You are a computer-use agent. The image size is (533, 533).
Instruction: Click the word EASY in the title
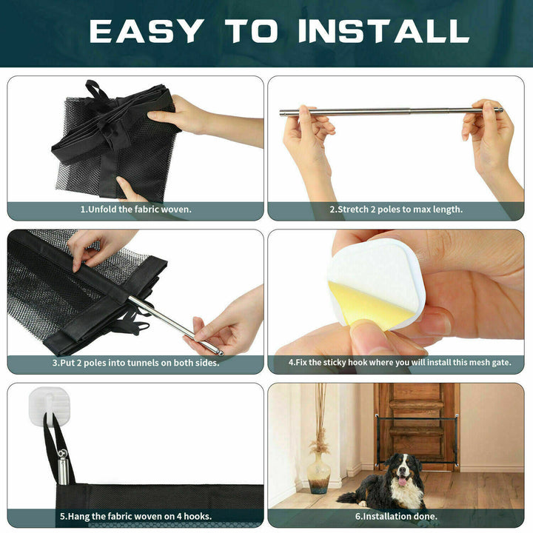click(x=145, y=31)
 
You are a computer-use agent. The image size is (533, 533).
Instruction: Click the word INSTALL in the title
click(x=383, y=31)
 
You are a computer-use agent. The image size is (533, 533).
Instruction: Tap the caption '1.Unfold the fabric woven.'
click(x=135, y=209)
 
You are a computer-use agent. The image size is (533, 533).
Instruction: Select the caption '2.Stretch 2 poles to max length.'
click(x=396, y=209)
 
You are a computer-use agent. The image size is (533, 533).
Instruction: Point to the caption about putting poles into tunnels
click(x=135, y=363)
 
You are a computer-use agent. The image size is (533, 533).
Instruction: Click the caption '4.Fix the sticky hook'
click(x=399, y=363)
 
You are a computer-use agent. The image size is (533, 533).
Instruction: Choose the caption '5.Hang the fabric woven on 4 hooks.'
click(x=135, y=516)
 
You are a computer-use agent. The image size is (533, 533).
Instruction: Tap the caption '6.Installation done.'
click(x=396, y=516)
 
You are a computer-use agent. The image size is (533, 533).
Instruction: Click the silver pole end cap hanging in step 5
click(x=62, y=466)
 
